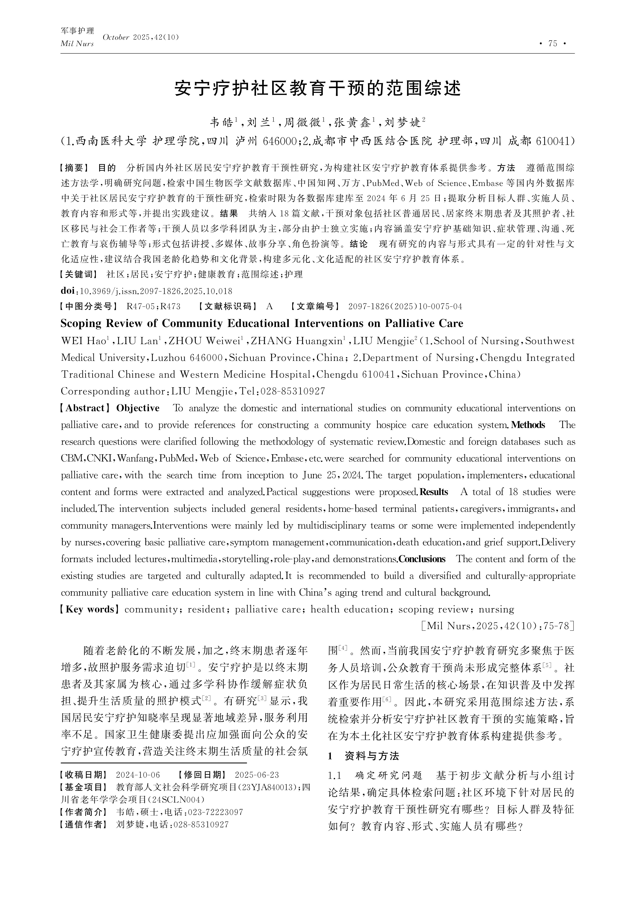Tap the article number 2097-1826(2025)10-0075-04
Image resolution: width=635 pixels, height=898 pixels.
[405, 306]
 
